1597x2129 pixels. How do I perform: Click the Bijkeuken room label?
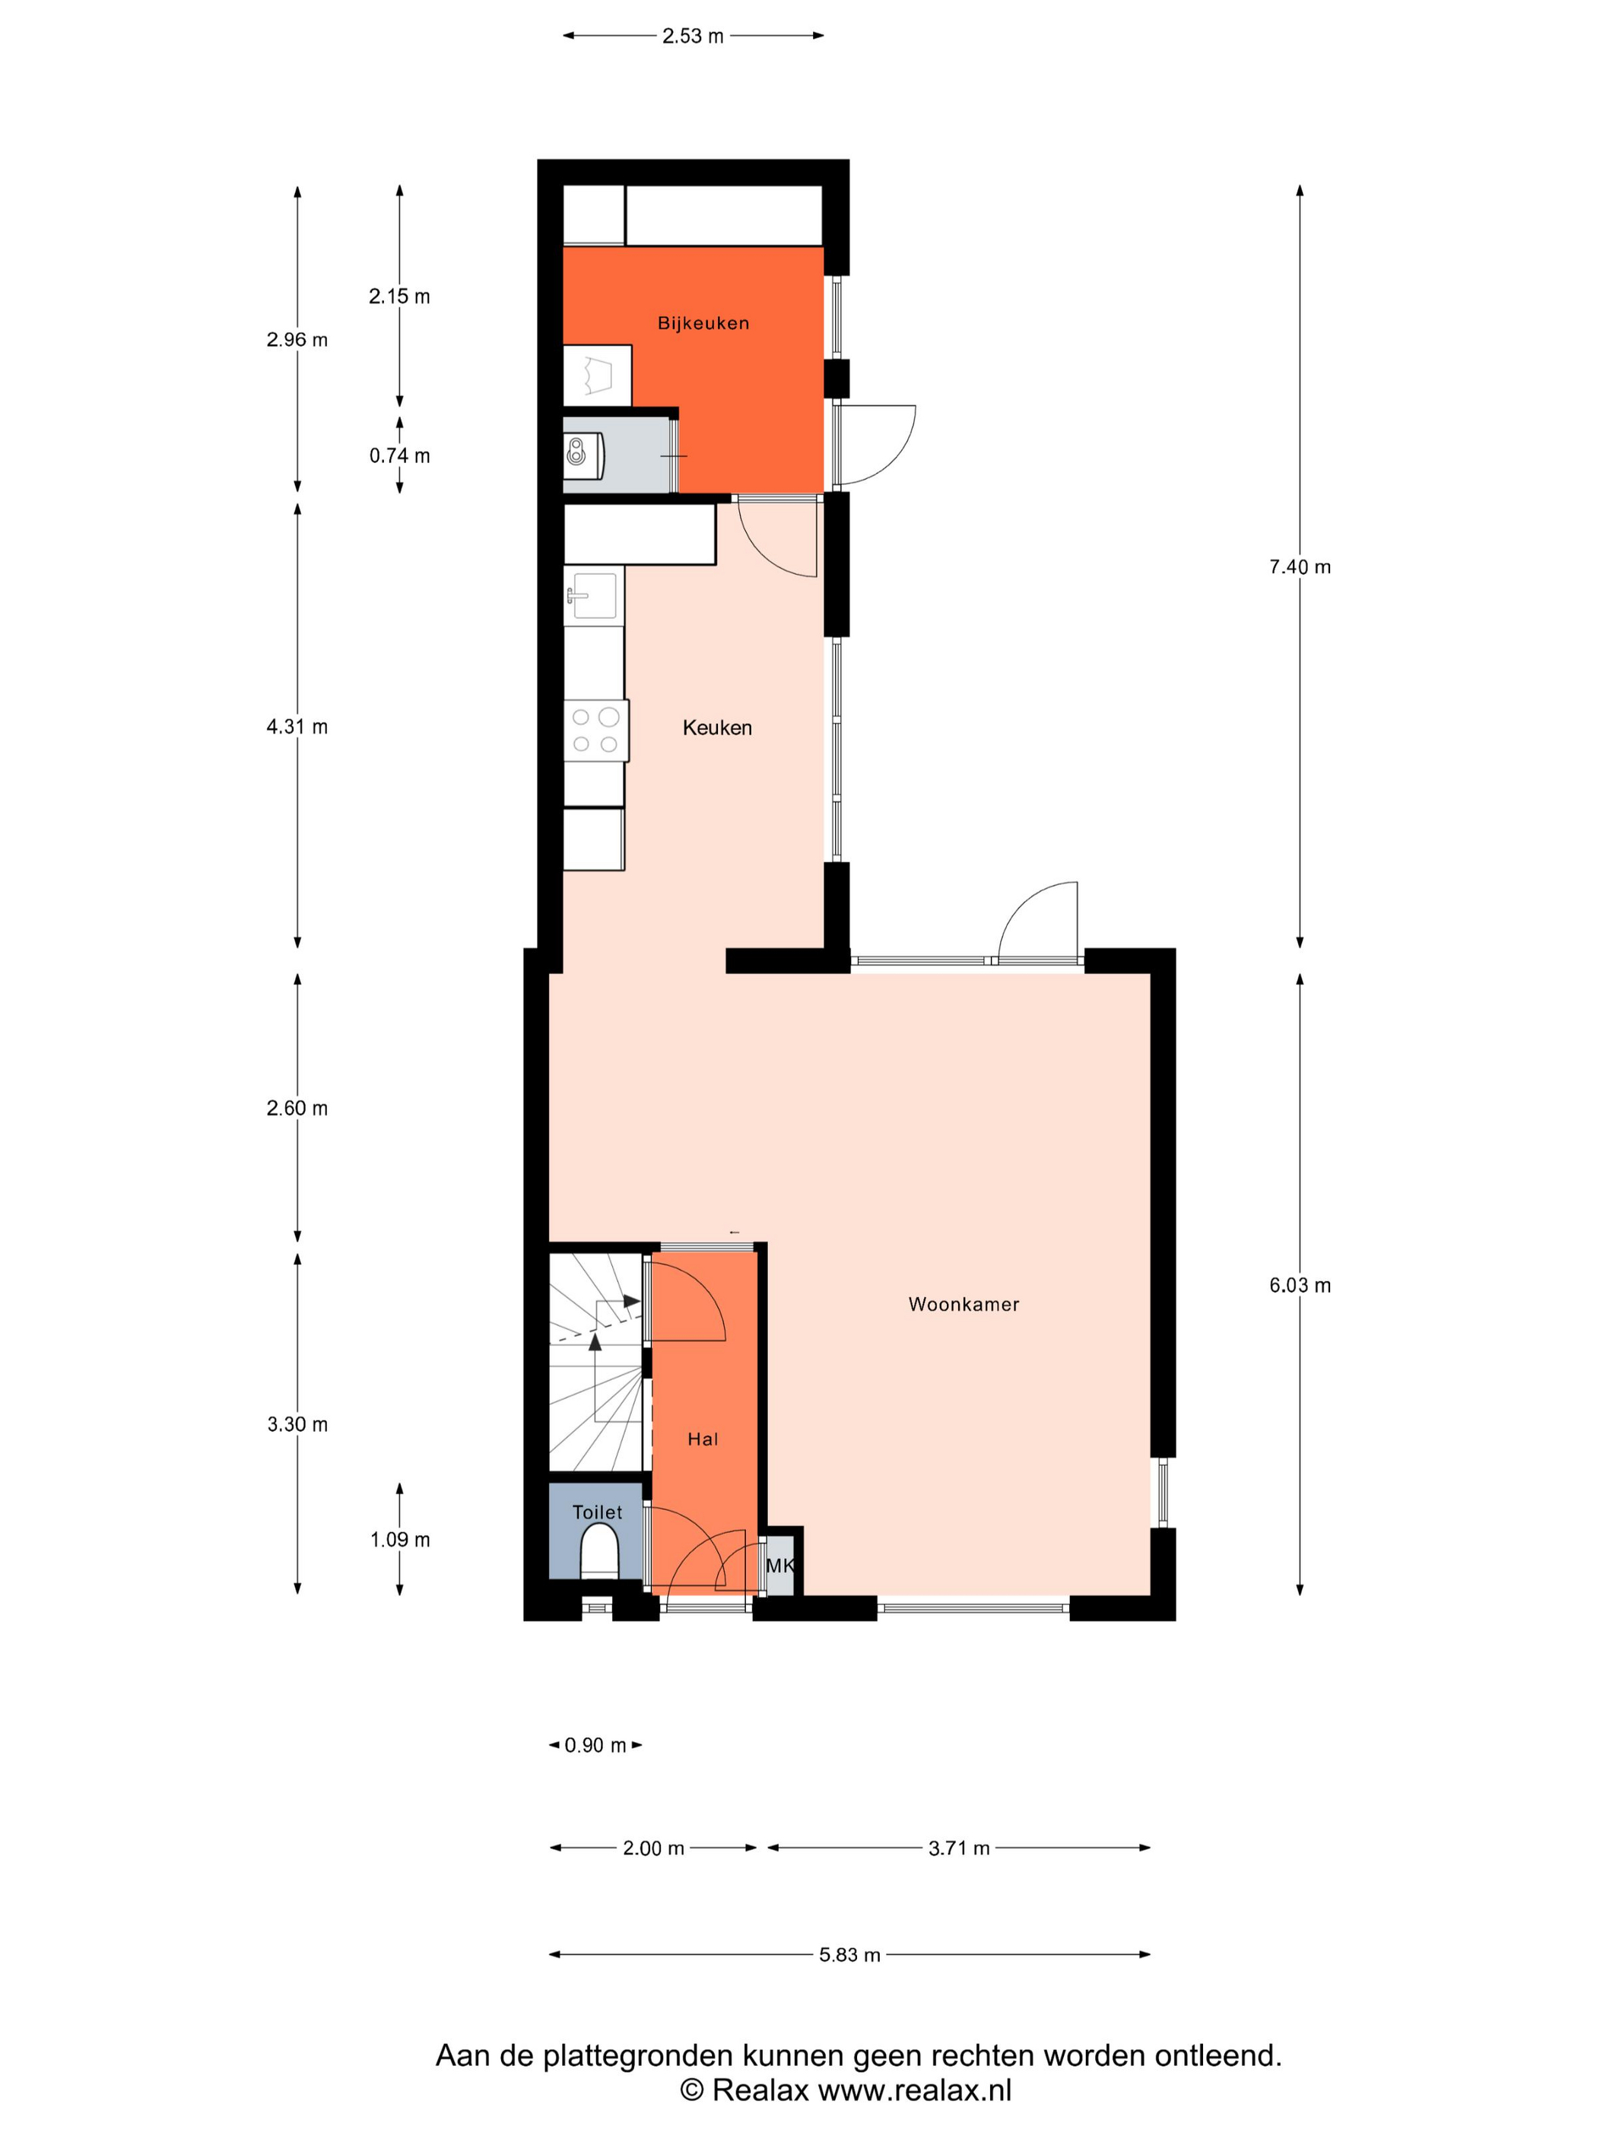coord(703,323)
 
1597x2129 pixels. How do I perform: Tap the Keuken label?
coord(717,728)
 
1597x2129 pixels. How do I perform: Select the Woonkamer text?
coord(964,1304)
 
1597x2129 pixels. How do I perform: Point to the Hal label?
coord(703,1439)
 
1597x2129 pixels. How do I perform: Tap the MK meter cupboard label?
coord(779,1565)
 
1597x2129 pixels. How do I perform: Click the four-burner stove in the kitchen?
coord(596,731)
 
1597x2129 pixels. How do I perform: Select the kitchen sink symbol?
coord(593,597)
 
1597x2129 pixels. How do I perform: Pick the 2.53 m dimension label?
coord(693,36)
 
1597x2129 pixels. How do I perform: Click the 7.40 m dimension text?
coord(1300,567)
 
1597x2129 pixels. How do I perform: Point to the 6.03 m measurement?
coord(1300,1285)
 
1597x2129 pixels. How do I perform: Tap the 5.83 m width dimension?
coord(850,1955)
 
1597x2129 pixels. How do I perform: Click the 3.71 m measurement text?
coord(959,1848)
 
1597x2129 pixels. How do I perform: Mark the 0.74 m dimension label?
coord(399,456)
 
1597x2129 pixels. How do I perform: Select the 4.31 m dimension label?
coord(297,727)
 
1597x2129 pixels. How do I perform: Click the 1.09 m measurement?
coord(399,1540)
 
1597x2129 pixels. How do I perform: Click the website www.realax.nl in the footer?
coord(915,2090)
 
